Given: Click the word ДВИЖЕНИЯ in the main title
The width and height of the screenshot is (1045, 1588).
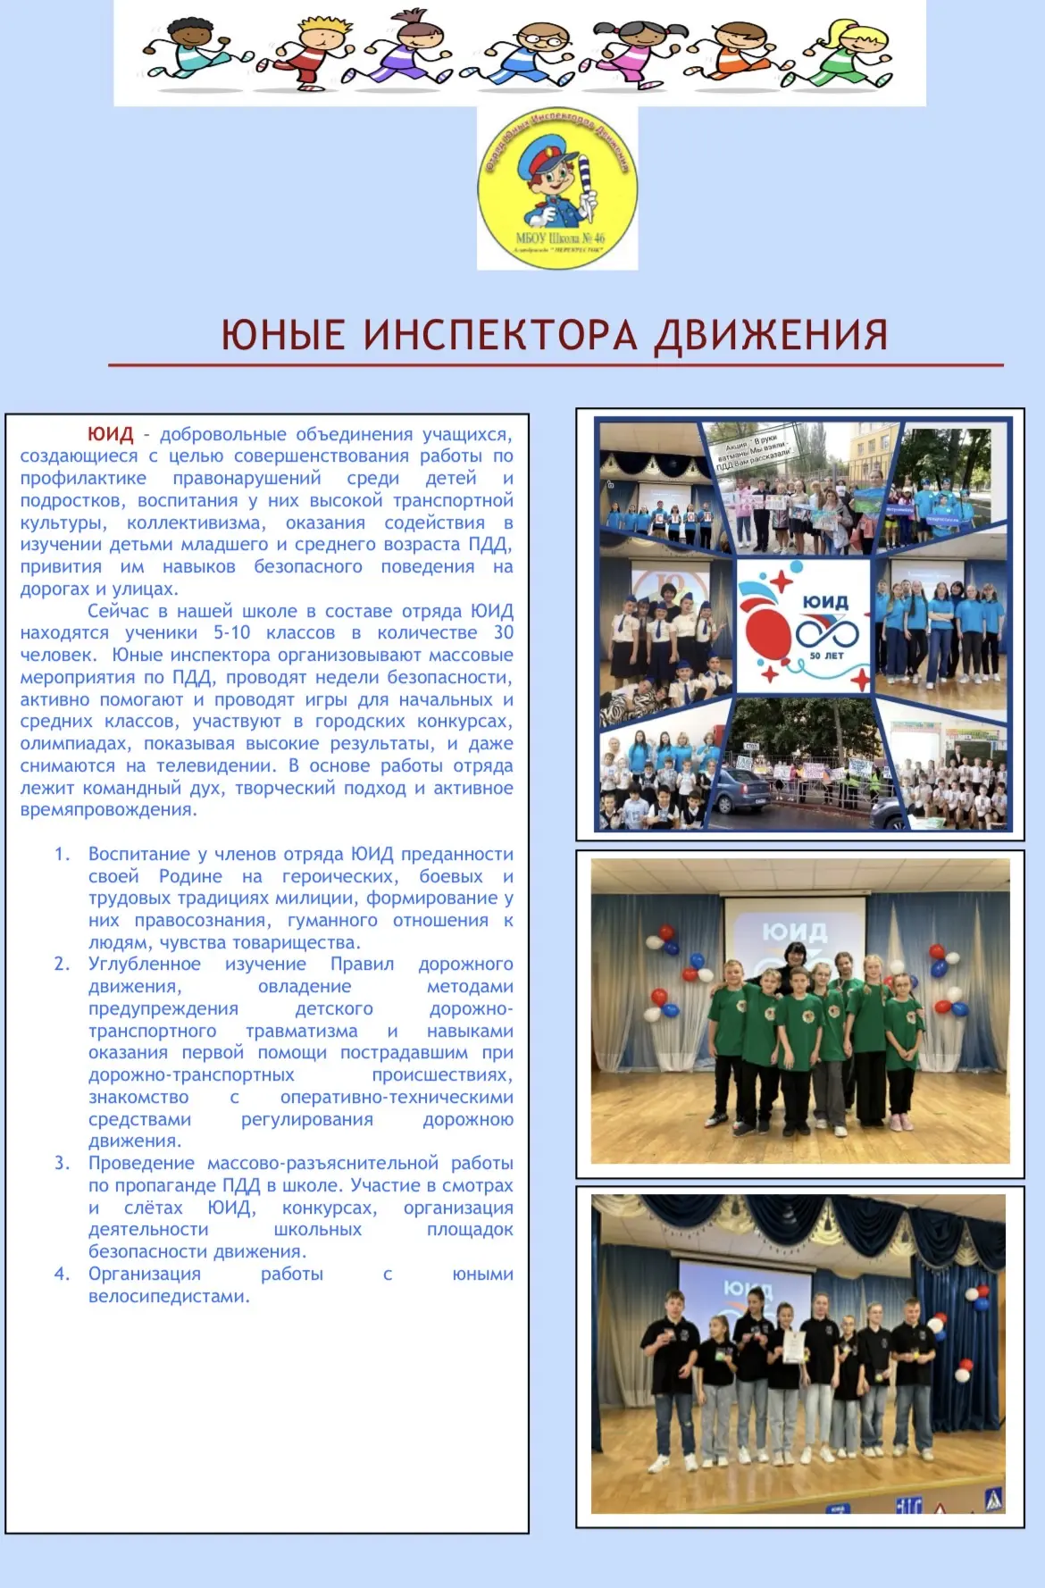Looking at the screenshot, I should (771, 335).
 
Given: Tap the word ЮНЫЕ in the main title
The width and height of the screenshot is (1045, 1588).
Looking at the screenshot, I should (282, 335).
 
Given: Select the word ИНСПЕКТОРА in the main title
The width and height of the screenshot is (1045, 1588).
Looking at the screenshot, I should (500, 335).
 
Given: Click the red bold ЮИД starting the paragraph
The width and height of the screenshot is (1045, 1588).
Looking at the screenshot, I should (110, 435).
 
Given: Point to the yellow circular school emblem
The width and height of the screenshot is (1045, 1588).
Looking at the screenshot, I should (557, 188).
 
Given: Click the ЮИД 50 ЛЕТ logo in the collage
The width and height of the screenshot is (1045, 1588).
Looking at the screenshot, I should (803, 626).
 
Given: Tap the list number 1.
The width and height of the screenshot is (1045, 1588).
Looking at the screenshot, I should (62, 855).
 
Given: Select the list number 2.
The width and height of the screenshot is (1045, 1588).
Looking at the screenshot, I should (62, 965).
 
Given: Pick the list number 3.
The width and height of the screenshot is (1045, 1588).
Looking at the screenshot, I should (62, 1164).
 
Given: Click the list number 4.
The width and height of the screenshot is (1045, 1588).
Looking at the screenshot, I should (62, 1275).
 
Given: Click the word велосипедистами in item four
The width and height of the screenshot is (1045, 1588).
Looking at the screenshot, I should (168, 1297).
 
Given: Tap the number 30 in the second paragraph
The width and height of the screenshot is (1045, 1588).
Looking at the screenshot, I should (504, 633).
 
